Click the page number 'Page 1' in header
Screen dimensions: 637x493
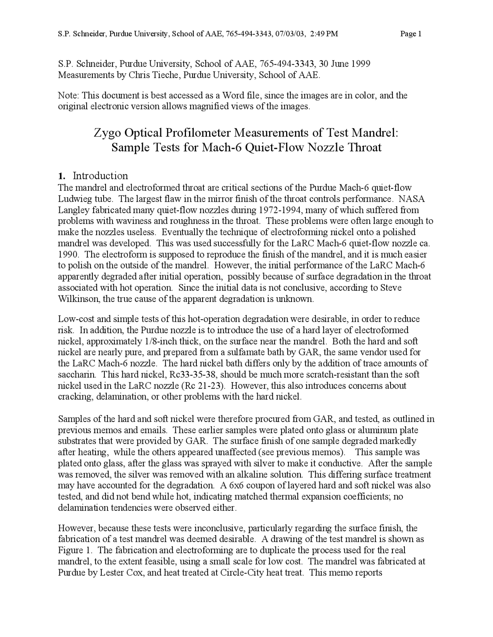click(x=411, y=34)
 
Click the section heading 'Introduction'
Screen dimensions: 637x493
click(x=100, y=176)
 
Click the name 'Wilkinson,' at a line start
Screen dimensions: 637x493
click(x=79, y=298)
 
